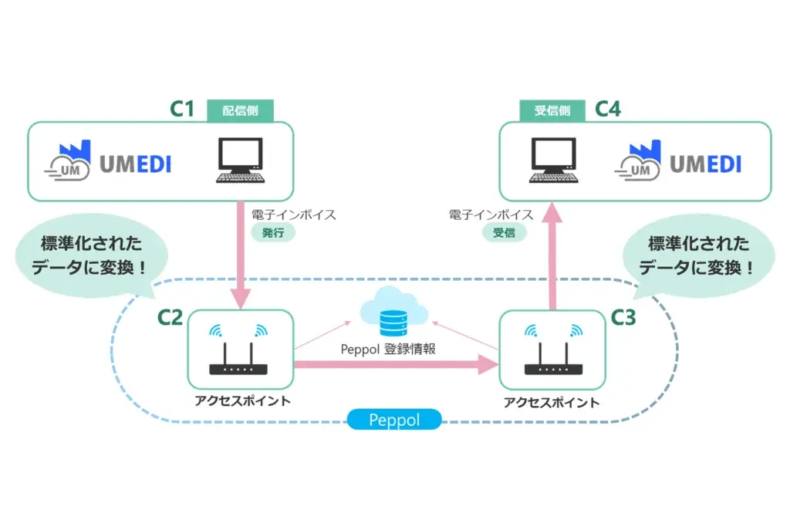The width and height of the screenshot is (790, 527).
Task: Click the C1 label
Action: tap(182, 109)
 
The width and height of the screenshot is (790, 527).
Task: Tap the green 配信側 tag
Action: tap(241, 110)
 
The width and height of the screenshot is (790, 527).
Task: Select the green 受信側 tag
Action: tap(552, 110)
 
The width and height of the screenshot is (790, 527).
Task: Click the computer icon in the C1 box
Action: tap(239, 160)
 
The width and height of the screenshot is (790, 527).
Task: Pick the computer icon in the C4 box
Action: tap(554, 160)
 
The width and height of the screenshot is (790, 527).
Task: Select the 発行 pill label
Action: tap(273, 232)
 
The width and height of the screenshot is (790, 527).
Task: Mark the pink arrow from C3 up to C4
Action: tap(552, 255)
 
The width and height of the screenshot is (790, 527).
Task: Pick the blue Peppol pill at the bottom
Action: tap(393, 421)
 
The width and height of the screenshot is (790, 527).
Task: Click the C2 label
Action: tap(170, 316)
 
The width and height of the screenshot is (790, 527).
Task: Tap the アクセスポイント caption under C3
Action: tap(551, 403)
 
